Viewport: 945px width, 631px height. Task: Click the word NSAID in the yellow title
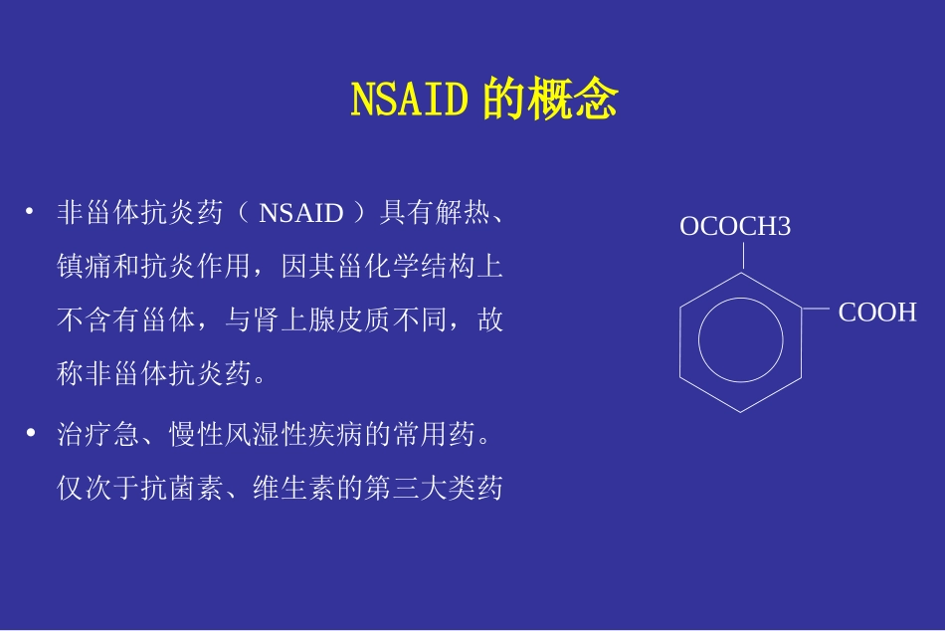coord(409,101)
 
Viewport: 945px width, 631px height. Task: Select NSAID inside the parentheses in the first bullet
coord(300,213)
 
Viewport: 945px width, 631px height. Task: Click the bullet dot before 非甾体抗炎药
coord(30,211)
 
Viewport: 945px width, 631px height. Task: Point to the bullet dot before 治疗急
coord(30,433)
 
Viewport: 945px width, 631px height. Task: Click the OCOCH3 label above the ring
coord(735,227)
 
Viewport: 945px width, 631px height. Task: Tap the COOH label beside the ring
coord(877,313)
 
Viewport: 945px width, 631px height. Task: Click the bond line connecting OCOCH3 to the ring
coord(741,256)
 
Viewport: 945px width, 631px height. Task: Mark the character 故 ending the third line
coord(490,321)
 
